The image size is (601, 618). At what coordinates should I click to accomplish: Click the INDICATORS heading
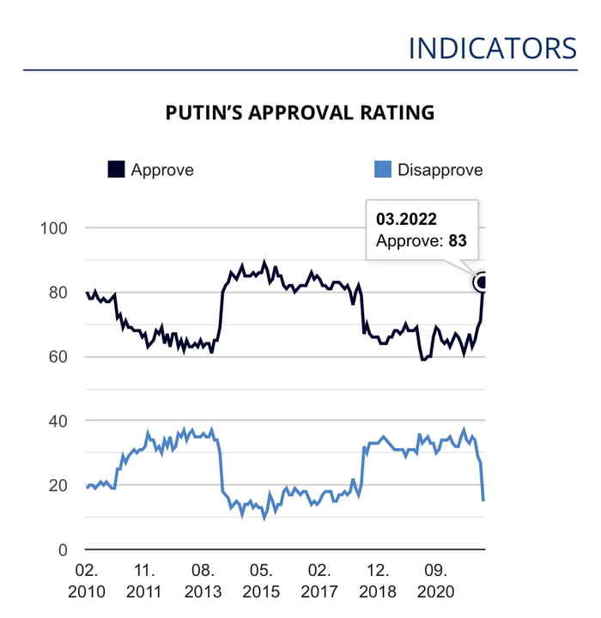[x=492, y=48]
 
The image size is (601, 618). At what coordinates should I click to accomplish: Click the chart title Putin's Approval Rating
[x=300, y=112]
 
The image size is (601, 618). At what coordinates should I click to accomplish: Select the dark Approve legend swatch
[x=116, y=169]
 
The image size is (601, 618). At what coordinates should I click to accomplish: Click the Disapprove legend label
[x=440, y=170]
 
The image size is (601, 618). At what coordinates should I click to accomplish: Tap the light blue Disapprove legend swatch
[x=383, y=169]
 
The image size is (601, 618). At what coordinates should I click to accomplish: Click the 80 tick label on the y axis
[x=58, y=293]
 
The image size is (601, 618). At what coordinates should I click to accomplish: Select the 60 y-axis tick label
[x=58, y=357]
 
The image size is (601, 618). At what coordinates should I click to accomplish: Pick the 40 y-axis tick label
[x=58, y=421]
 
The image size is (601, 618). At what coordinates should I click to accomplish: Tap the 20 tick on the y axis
[x=58, y=486]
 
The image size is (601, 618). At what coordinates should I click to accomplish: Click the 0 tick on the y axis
[x=63, y=550]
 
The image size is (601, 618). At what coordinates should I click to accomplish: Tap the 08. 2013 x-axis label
[x=203, y=581]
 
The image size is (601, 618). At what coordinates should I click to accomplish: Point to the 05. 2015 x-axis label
[x=261, y=581]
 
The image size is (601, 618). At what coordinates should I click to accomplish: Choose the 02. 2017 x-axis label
[x=319, y=581]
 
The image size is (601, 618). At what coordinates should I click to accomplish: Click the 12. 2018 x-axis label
[x=378, y=581]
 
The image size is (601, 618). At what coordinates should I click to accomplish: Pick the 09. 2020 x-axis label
[x=436, y=581]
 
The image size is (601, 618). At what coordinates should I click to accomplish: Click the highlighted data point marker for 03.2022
[x=483, y=282]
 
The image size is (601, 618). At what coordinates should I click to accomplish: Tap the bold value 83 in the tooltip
[x=457, y=241]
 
